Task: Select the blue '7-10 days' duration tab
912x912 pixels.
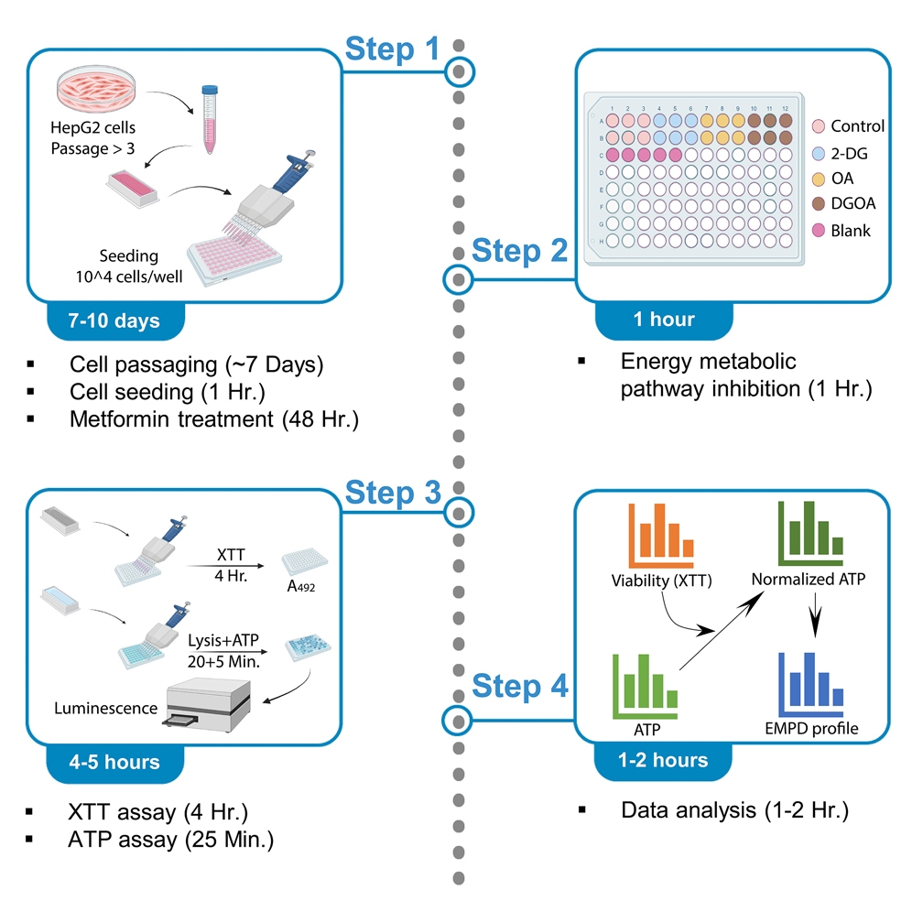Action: (x=116, y=320)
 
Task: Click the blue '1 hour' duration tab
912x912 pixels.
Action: (x=664, y=320)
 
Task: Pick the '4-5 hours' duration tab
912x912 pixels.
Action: (x=116, y=762)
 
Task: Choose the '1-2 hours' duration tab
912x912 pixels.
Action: (x=664, y=760)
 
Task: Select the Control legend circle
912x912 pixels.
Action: (x=820, y=126)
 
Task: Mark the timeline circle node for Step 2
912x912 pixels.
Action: (x=457, y=278)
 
